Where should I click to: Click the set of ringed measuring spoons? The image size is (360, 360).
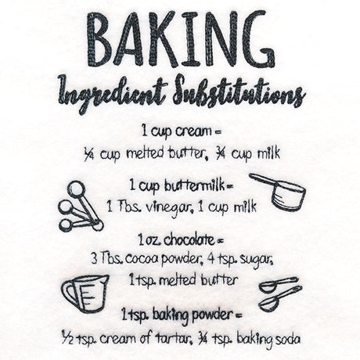click(81, 207)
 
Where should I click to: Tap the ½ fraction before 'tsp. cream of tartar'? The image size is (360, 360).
click(68, 337)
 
